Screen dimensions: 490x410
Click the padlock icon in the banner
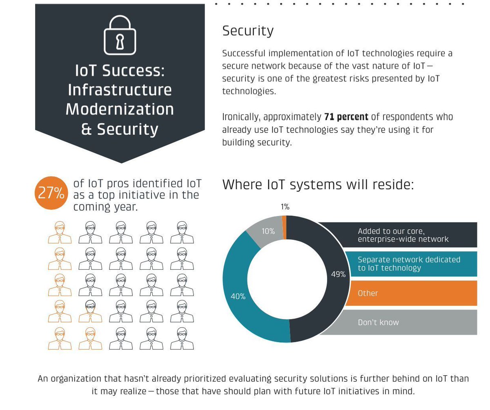(120, 35)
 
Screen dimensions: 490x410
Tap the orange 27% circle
(51, 193)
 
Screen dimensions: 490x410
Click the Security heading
(248, 31)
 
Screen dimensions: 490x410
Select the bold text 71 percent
(346, 117)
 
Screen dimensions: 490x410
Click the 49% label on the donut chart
(338, 274)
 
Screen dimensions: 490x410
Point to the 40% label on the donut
(238, 296)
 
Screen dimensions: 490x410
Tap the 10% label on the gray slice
(268, 231)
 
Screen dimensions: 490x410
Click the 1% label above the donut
(285, 207)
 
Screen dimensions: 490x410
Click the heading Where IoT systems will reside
(318, 184)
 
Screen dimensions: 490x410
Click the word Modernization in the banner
(120, 109)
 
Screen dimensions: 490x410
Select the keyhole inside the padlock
(120, 41)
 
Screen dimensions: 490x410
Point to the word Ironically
(241, 117)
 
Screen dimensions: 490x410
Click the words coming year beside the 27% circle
(105, 207)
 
